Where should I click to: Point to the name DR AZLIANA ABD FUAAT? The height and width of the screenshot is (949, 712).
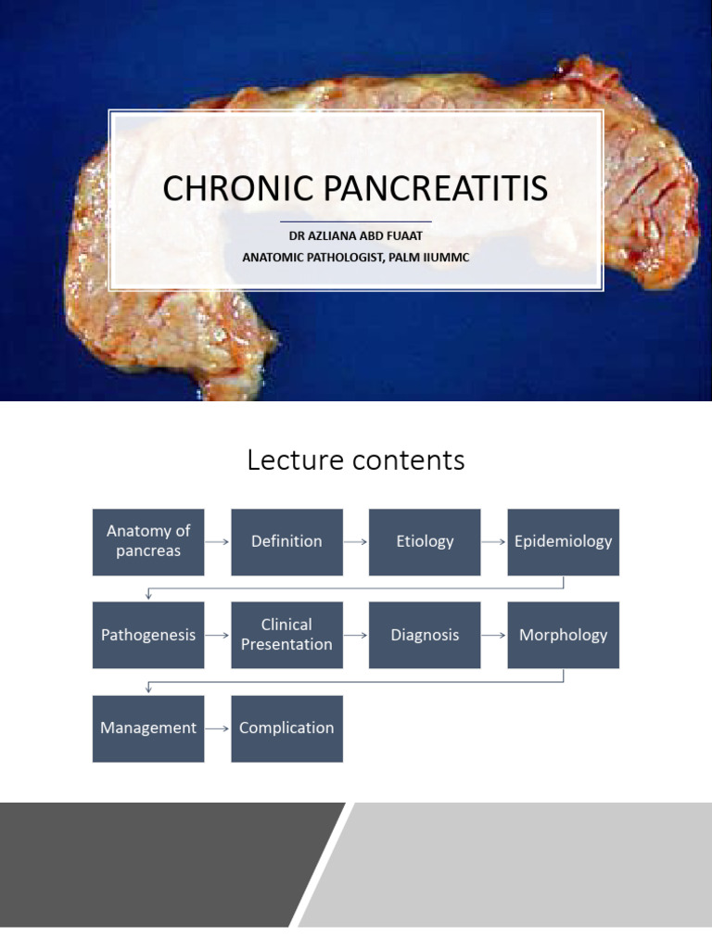point(356,236)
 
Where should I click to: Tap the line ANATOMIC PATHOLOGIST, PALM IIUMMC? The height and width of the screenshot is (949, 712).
point(356,257)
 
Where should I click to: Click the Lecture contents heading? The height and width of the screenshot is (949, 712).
point(356,460)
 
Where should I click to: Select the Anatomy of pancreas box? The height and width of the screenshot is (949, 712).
point(148,542)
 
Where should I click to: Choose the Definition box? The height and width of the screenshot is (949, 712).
point(286,542)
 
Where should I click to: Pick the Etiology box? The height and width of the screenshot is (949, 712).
point(425,542)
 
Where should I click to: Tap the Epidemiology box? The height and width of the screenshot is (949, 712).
point(563,542)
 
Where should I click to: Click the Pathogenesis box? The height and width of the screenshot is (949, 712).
point(148,635)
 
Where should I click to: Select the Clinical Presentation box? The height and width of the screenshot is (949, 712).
point(286,635)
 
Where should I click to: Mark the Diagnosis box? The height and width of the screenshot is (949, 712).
point(425,635)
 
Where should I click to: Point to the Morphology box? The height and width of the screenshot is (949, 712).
point(563,635)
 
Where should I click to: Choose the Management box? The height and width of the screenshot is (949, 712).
point(148,728)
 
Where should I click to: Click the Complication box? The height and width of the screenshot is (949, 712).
point(286,728)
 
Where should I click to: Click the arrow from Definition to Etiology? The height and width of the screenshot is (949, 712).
point(356,542)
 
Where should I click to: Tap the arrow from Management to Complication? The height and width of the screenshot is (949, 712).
point(218,728)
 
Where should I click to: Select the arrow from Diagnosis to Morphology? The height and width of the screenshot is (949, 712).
point(494,635)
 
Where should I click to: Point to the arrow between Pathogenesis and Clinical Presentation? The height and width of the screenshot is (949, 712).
point(218,635)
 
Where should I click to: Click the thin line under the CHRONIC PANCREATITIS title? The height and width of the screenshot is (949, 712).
point(356,221)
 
